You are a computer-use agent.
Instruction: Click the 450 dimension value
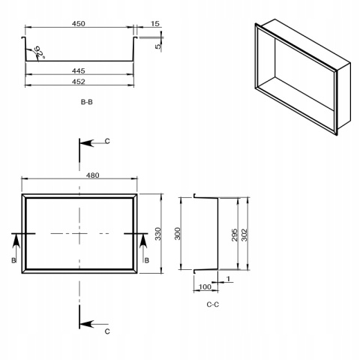79,23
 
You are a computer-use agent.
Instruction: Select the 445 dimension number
79,70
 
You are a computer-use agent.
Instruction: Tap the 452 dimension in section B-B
79,82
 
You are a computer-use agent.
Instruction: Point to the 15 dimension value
155,23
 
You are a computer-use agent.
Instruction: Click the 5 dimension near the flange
158,46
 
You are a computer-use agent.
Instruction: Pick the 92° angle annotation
40,52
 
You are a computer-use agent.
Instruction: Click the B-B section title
87,102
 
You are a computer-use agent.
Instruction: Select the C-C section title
213,304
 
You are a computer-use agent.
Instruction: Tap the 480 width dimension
92,175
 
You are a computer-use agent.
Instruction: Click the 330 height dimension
157,234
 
